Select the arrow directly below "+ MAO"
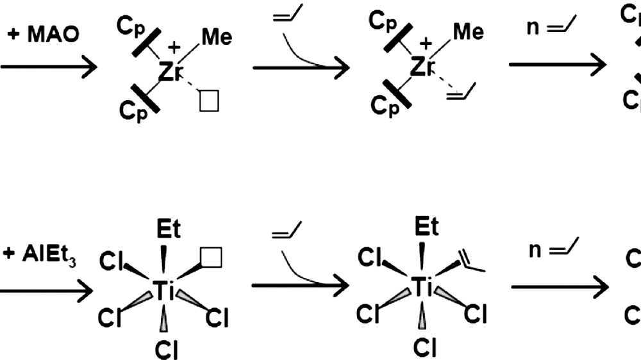point(48,67)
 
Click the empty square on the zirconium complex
point(210,101)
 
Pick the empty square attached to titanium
point(212,258)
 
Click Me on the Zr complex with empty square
point(217,37)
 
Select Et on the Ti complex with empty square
point(169,228)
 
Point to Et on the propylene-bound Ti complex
point(426,227)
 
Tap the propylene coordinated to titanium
point(470,261)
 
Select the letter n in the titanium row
point(536,250)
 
